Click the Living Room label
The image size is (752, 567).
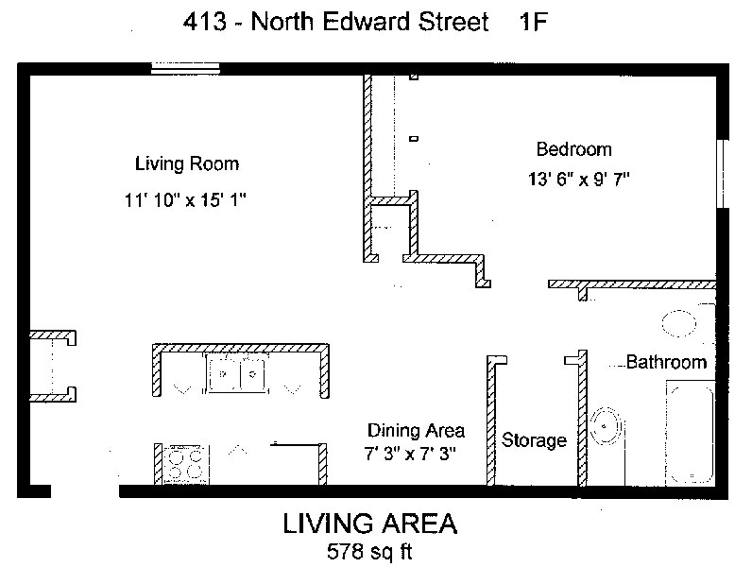point(187,164)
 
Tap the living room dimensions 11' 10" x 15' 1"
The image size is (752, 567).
point(185,199)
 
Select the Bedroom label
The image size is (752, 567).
point(574,149)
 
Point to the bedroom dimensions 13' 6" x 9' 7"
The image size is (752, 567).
point(578,179)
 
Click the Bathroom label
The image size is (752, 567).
point(667,362)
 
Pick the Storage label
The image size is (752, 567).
point(534,439)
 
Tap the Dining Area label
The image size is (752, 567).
point(416,430)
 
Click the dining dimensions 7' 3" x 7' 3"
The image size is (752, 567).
point(410,453)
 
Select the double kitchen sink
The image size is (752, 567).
point(237,373)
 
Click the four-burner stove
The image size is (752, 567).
point(186,464)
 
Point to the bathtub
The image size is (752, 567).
point(691,432)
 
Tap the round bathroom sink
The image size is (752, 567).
point(607,425)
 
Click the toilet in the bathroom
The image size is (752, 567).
point(679,323)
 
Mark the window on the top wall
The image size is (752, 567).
point(185,69)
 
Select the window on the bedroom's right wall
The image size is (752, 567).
point(723,174)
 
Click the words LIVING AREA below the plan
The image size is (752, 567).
point(369,524)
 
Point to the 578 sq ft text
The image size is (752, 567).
point(369,551)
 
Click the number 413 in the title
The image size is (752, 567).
point(205,22)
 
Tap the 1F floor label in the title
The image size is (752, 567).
point(533,22)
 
